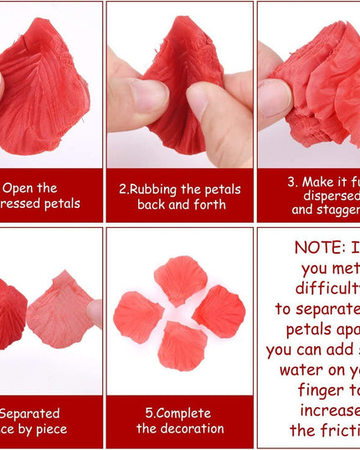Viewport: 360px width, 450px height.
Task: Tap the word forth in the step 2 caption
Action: point(210,204)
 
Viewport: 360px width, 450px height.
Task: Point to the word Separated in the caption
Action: point(30,413)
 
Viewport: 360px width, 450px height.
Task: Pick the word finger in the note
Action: point(323,390)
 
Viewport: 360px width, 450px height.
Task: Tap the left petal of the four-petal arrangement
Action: point(137,316)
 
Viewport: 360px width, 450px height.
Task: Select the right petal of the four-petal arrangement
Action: point(220,311)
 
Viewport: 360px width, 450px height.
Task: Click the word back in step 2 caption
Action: point(160,204)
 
